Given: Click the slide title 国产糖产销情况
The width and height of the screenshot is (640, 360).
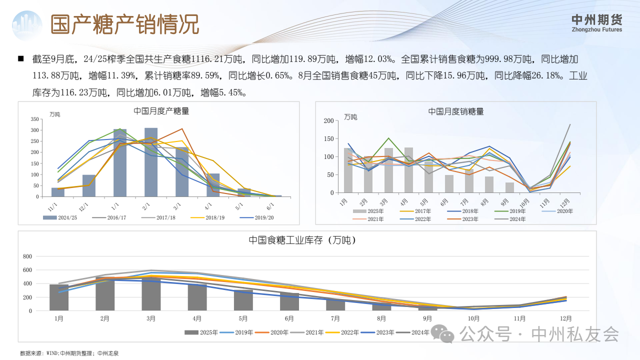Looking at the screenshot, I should click(x=125, y=24).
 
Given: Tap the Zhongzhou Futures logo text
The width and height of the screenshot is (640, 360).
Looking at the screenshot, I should click(x=597, y=23).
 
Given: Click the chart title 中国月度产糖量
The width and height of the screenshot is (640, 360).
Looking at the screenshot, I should click(x=161, y=111).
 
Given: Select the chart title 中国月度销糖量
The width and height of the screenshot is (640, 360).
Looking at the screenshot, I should click(x=456, y=111).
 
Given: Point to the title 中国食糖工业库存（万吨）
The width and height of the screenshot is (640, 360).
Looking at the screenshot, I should click(x=302, y=240).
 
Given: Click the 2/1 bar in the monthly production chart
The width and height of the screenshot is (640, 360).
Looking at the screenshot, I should click(x=151, y=162).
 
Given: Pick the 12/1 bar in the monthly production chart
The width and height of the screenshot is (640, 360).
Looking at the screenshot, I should click(x=89, y=185).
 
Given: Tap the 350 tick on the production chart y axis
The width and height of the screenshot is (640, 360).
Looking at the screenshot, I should click(x=34, y=119).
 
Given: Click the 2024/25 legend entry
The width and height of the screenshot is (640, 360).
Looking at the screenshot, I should click(x=60, y=217).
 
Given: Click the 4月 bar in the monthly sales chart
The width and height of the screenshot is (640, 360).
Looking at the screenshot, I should click(x=408, y=170).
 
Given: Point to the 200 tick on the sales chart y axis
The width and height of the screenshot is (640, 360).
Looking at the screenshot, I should click(x=328, y=121).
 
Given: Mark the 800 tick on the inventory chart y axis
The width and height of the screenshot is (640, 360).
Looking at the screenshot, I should click(x=27, y=256).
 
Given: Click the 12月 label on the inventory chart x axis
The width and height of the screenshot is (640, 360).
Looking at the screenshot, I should click(x=566, y=318).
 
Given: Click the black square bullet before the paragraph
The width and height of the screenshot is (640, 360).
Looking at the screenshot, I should click(x=21, y=59).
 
